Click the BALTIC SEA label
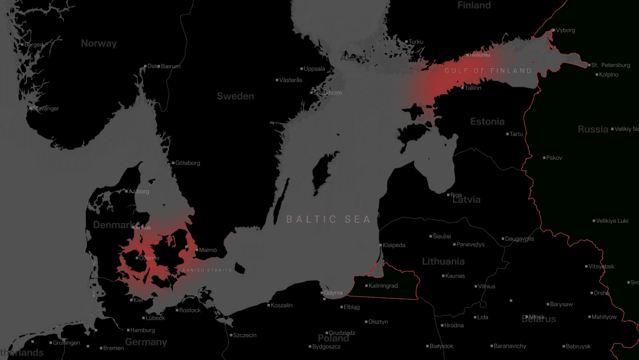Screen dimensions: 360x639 [329, 219]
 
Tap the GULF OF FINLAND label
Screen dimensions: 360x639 [489, 71]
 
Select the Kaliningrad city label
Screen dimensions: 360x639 [383, 286]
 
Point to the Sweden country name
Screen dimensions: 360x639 [236, 96]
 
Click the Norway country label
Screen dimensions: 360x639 [99, 43]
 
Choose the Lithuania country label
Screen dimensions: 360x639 [443, 262]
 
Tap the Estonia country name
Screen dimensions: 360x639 [487, 121]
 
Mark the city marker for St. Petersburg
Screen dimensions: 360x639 [588, 65]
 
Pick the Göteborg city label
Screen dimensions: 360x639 [187, 163]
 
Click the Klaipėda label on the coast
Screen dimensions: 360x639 [394, 245]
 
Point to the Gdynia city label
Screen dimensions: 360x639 [333, 293]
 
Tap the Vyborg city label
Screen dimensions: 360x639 [565, 30]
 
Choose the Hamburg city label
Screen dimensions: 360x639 [143, 330]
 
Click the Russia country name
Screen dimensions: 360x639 [593, 129]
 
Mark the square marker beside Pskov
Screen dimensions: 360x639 [544, 158]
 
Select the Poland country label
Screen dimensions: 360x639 [333, 338]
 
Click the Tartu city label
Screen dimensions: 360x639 [516, 134]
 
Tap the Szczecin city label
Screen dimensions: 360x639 [245, 335]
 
